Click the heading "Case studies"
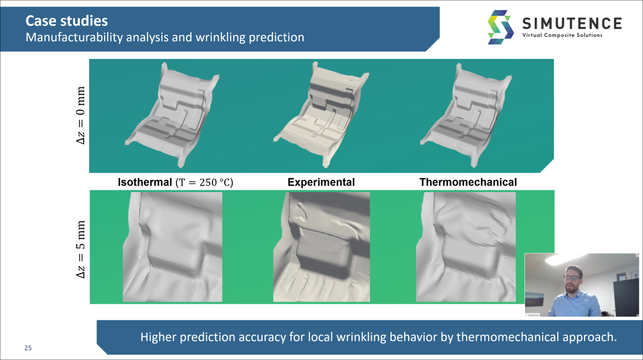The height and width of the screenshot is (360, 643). click(66, 20)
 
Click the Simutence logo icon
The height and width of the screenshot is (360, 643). click(500, 27)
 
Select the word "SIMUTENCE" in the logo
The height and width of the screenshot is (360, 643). click(572, 23)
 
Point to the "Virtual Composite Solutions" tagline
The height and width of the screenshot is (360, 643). click(562, 35)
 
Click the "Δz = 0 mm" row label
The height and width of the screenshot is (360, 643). click(81, 115)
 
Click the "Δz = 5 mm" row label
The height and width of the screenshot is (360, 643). click(81, 249)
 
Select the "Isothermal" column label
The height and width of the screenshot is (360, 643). click(145, 182)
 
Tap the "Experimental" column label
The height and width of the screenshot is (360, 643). click(321, 182)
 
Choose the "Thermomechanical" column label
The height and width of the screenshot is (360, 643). click(468, 182)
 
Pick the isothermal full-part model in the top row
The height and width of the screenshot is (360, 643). click(172, 115)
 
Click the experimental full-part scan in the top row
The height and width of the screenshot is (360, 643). click(321, 115)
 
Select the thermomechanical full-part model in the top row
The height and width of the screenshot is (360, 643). click(466, 115)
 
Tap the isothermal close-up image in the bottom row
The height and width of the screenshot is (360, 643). click(173, 247)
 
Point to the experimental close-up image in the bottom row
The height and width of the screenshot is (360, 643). click(322, 247)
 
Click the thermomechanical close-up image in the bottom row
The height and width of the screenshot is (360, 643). click(466, 247)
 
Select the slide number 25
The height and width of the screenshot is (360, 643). click(28, 348)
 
